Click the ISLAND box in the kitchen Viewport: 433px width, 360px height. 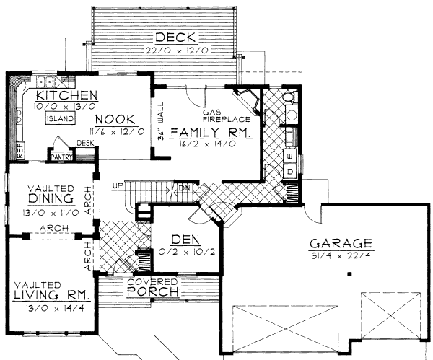point(58,119)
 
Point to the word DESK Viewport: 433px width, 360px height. point(87,143)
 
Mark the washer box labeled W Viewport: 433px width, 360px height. point(289,156)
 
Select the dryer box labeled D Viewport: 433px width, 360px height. point(289,172)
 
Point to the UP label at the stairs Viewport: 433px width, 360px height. point(118,186)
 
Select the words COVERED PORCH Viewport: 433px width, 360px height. point(152,286)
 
